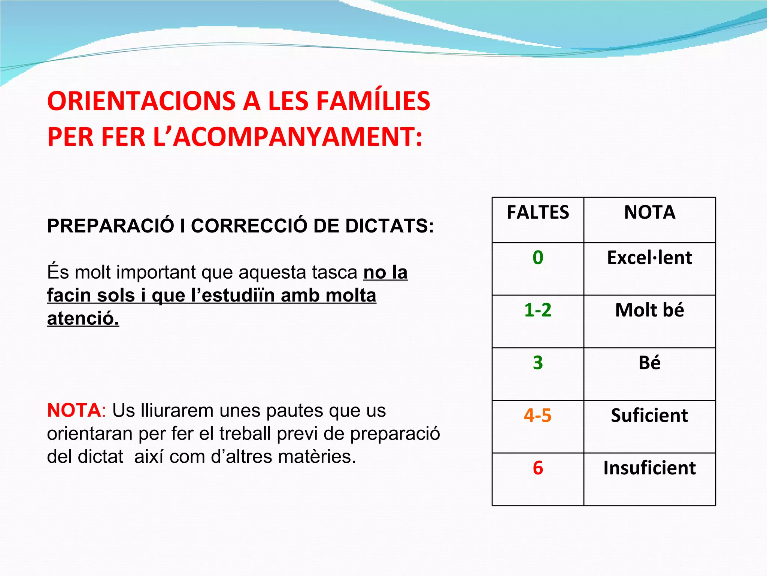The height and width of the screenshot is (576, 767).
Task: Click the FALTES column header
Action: (x=538, y=213)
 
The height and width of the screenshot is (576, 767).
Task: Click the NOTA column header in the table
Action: (x=649, y=213)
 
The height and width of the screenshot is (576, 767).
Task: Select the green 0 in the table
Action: (x=538, y=258)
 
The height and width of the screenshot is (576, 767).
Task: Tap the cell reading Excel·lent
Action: (x=649, y=258)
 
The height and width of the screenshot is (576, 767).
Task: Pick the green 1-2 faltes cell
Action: (x=538, y=310)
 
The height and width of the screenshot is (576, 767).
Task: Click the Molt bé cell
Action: (x=649, y=310)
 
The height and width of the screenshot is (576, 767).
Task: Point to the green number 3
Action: (x=538, y=363)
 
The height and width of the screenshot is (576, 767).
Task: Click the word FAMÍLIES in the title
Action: (x=373, y=101)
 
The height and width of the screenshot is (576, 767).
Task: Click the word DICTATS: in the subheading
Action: (x=389, y=226)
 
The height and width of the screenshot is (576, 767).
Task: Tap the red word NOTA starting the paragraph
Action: (x=74, y=411)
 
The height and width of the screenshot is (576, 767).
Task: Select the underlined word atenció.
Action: (x=83, y=319)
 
